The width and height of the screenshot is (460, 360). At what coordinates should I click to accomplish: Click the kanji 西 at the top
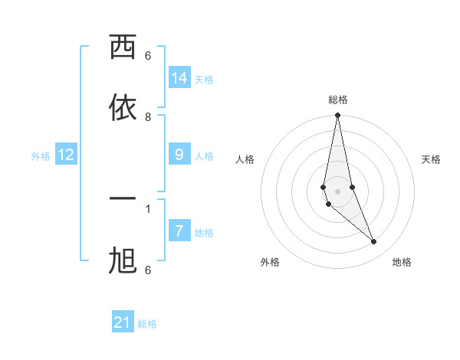pos(123,48)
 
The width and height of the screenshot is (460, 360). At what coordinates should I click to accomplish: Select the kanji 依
pos(123,108)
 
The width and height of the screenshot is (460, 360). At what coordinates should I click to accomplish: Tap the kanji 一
pos(123,200)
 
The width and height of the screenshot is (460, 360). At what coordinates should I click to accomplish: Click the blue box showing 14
pos(179,78)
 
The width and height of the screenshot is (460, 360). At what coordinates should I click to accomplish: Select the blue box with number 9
pos(179,155)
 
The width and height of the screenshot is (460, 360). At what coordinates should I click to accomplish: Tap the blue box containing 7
pos(179,231)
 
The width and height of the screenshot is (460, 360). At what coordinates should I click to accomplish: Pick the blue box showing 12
pos(66,155)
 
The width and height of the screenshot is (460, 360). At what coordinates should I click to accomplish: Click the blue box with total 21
pos(123,322)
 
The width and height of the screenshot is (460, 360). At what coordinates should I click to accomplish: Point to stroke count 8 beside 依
pos(148,116)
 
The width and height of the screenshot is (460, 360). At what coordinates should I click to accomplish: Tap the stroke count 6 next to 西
pos(148,55)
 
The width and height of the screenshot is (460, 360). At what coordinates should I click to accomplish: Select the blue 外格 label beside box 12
pos(41,156)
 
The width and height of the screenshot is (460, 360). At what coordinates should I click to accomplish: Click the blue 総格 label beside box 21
pos(147,324)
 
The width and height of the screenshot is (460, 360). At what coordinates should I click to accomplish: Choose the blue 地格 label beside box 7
pos(204,233)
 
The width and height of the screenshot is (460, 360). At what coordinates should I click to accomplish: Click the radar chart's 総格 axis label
pos(338,100)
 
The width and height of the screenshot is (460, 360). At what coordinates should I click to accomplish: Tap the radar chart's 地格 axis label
pos(402,262)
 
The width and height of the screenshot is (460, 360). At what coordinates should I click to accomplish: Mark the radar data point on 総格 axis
pos(337,116)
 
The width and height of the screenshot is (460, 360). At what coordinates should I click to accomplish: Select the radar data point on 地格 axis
pos(374,242)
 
